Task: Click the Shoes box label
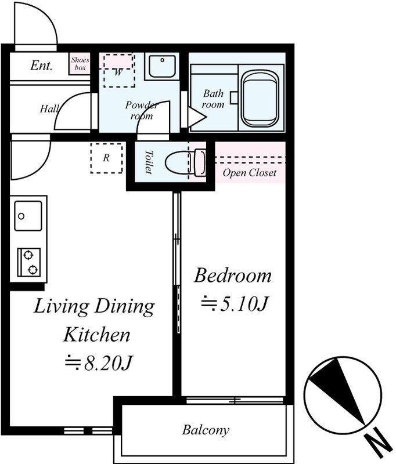pos(80,64)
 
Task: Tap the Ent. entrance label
pos(41,65)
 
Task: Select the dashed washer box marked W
pos(119,70)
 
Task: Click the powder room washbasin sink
pos(162,66)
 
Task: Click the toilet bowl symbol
pos(185,162)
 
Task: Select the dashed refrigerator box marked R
pos(106,158)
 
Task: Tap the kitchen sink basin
pos(28,216)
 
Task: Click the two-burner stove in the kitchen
pos(28,262)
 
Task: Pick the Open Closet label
pos(250,172)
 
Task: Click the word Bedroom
pos(232,275)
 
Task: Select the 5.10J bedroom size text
pos(235,304)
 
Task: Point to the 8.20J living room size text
pos(98,363)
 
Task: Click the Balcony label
pos(206,430)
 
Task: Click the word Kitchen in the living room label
pos(97,335)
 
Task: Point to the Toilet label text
pos(149,162)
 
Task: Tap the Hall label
pos(49,108)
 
